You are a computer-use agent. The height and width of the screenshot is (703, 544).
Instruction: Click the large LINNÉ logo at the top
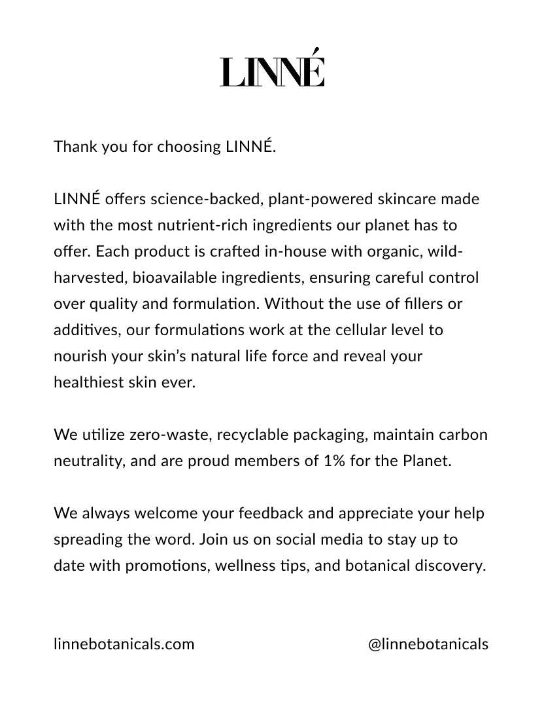pos(272,69)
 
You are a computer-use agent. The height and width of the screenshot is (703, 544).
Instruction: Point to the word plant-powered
pos(314,199)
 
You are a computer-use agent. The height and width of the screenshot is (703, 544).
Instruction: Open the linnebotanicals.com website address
pos(124,644)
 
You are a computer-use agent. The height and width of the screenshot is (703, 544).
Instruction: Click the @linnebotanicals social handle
pos(428,644)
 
